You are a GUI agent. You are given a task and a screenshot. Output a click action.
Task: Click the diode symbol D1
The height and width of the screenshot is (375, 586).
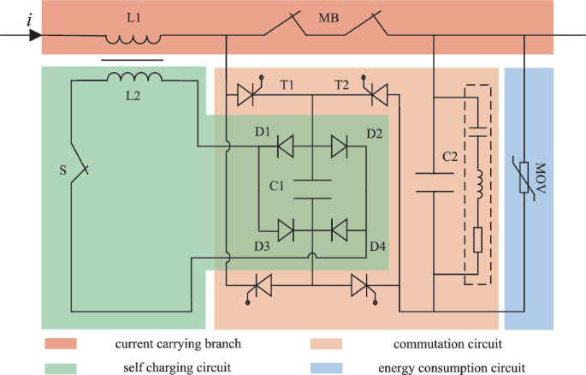[285, 147]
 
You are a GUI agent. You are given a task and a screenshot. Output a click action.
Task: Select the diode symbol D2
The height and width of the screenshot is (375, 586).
[340, 147]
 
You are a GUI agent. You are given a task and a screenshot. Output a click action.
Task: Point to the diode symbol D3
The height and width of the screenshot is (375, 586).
[285, 229]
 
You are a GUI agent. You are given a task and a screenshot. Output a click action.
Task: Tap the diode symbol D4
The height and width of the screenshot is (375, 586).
[340, 229]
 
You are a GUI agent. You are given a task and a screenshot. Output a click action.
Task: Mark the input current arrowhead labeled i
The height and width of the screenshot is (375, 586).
[34, 36]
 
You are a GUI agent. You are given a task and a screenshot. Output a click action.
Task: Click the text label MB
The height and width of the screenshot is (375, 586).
[329, 17]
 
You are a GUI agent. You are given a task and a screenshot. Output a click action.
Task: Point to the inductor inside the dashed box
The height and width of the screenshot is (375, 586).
[478, 185]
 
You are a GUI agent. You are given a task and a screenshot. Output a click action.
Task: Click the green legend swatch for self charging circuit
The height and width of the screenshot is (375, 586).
[58, 367]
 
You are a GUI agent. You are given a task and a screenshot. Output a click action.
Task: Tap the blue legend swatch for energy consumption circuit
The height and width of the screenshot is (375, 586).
[326, 367]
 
